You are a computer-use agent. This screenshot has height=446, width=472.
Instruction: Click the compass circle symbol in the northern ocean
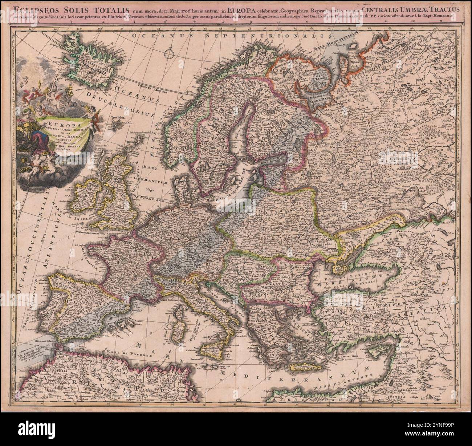tap(169, 54)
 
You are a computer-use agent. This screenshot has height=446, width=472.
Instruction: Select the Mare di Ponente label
tap(122, 351)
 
